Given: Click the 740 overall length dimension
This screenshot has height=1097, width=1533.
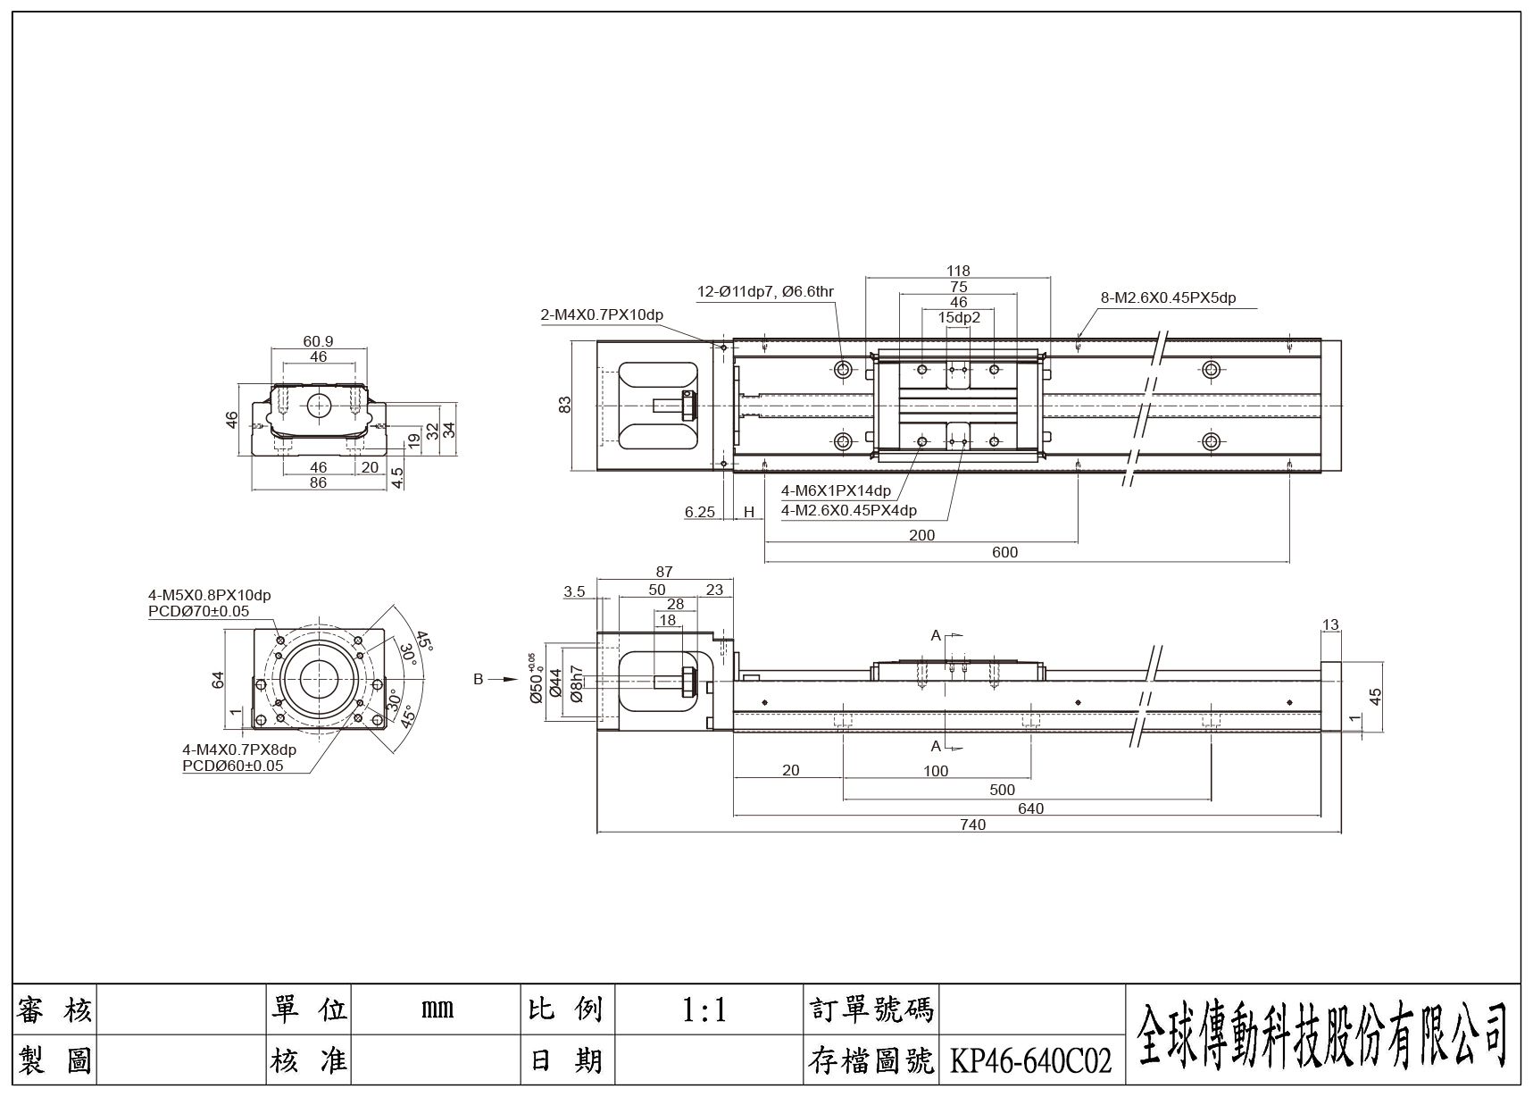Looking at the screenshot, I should (x=972, y=825).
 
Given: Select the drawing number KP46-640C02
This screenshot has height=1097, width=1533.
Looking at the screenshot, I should (x=1030, y=1061).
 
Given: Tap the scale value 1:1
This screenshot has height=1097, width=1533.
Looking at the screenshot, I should (x=704, y=1010).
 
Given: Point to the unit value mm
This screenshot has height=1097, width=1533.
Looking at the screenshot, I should (x=437, y=1010).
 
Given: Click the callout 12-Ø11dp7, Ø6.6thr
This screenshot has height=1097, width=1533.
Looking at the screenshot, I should (x=765, y=292).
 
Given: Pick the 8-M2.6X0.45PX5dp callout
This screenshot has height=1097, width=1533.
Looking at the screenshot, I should (x=1168, y=298).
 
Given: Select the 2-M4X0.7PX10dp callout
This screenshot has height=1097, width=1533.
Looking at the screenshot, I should (x=601, y=314).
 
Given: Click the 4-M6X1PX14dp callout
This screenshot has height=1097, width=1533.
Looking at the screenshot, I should (x=836, y=490).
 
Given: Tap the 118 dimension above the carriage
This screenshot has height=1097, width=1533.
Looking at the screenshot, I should (x=958, y=271).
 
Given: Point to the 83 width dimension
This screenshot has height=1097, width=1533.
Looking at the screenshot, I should (x=564, y=405).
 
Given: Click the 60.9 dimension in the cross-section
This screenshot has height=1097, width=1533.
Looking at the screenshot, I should (x=318, y=341).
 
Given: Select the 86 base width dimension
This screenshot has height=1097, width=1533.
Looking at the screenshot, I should (x=318, y=482).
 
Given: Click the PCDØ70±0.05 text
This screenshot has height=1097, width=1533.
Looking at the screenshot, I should (x=198, y=612).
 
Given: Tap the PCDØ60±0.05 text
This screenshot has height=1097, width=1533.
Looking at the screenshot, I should (x=232, y=766).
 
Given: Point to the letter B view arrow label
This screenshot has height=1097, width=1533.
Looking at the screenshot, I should (x=479, y=679).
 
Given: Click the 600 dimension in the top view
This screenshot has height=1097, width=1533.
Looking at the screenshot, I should (x=1004, y=552).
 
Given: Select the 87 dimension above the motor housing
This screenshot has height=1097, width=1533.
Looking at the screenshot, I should (x=664, y=572).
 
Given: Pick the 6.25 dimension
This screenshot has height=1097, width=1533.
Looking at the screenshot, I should (x=700, y=512).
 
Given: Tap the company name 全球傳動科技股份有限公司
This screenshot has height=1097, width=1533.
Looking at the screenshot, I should (x=1322, y=1034).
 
